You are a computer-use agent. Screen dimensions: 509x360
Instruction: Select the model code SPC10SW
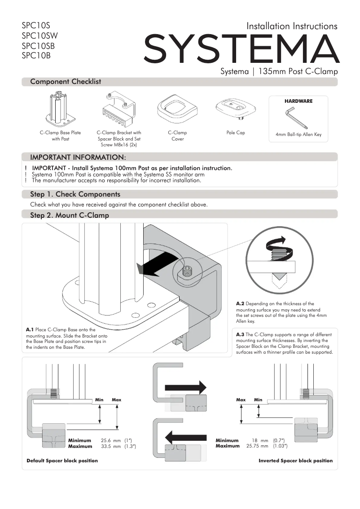pos(40,36)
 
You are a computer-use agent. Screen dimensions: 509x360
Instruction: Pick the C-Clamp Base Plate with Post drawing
pos(60,110)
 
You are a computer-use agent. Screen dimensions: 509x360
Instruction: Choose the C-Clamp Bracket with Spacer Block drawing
pos(118,110)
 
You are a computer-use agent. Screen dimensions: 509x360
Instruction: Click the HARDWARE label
pos(298,101)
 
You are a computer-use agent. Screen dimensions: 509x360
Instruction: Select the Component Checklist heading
pos(66,82)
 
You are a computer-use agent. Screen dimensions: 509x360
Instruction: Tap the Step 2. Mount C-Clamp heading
pos(69,215)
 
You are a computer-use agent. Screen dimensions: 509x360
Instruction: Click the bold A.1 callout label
pos(30,330)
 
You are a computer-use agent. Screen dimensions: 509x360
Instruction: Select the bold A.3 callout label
pos(240,335)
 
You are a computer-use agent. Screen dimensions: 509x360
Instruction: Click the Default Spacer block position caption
pos(62,461)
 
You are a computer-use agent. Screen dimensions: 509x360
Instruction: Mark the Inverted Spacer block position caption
pos(295,461)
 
